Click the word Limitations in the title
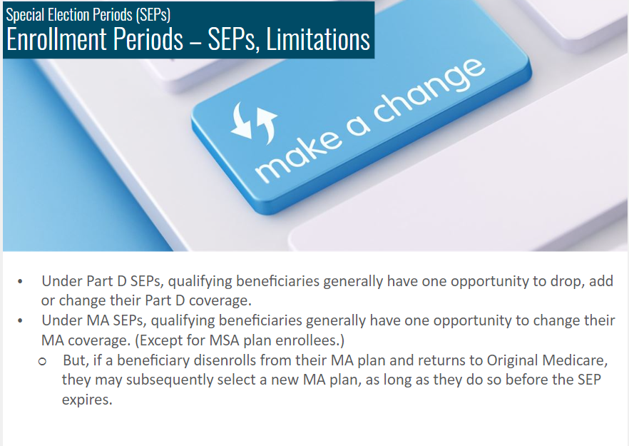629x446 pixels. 318,39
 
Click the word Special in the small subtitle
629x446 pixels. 25,15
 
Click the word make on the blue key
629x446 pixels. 300,156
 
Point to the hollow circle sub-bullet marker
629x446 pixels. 43,362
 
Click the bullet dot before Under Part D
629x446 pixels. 20,282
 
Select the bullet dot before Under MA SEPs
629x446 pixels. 20,321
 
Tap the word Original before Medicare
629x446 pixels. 512,361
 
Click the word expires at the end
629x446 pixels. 87,400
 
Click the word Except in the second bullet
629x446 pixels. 160,341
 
